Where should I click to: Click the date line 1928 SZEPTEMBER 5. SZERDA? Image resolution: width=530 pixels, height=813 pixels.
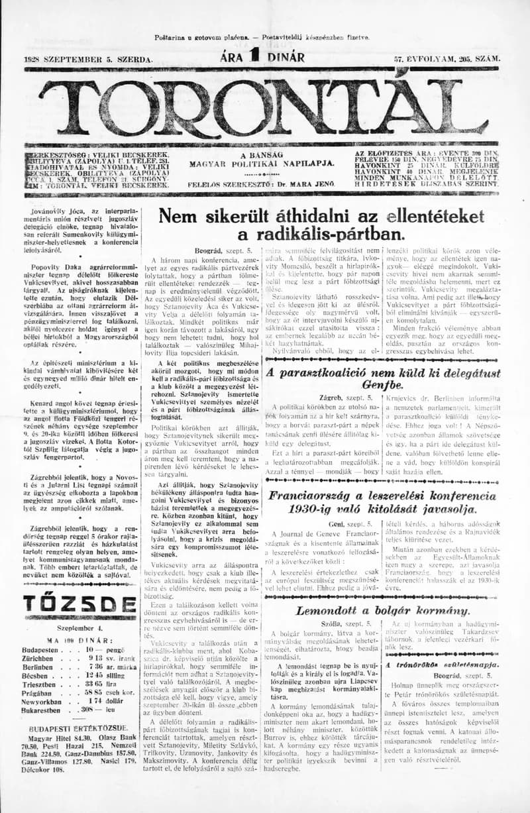coord(88,60)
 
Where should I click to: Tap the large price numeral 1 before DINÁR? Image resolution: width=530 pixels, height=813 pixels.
coord(253,58)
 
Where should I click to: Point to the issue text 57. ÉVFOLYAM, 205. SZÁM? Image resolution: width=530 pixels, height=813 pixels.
coord(447,60)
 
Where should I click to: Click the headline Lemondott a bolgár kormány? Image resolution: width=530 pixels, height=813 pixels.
coord(382,610)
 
